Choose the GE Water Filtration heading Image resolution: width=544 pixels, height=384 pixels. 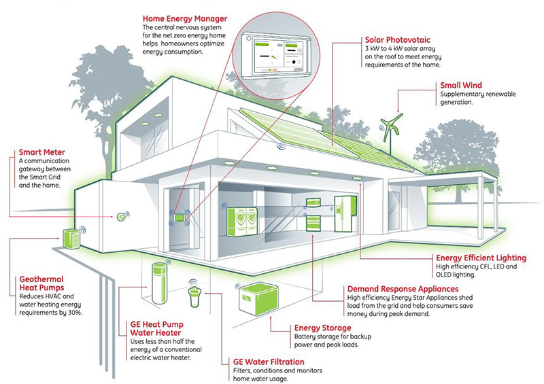(x=268, y=362)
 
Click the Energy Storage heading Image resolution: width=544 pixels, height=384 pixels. (x=322, y=328)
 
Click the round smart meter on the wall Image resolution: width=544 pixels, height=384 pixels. (x=120, y=217)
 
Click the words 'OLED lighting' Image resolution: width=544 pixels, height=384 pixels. (x=456, y=277)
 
